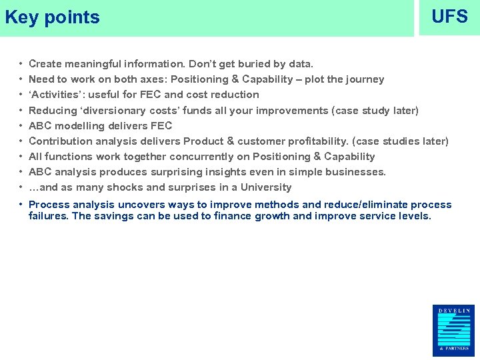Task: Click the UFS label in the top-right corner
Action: pos(449,17)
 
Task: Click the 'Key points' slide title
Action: pos(52,17)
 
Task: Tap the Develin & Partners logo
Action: pos(453,329)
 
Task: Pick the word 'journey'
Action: pos(363,79)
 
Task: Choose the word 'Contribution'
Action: pos(61,141)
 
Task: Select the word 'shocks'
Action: pos(127,187)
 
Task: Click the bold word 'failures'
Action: pos(49,216)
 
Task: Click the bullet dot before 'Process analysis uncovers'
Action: pos(22,205)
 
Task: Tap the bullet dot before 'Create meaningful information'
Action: pos(22,64)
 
